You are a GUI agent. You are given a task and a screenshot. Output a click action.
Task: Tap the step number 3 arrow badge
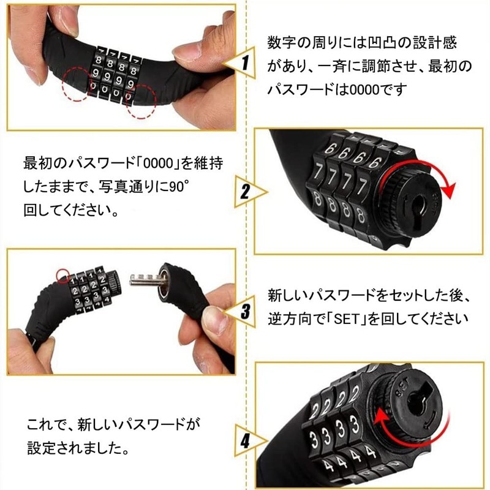tap(244, 311)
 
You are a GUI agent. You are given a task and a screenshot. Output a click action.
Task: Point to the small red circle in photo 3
tap(62, 274)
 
